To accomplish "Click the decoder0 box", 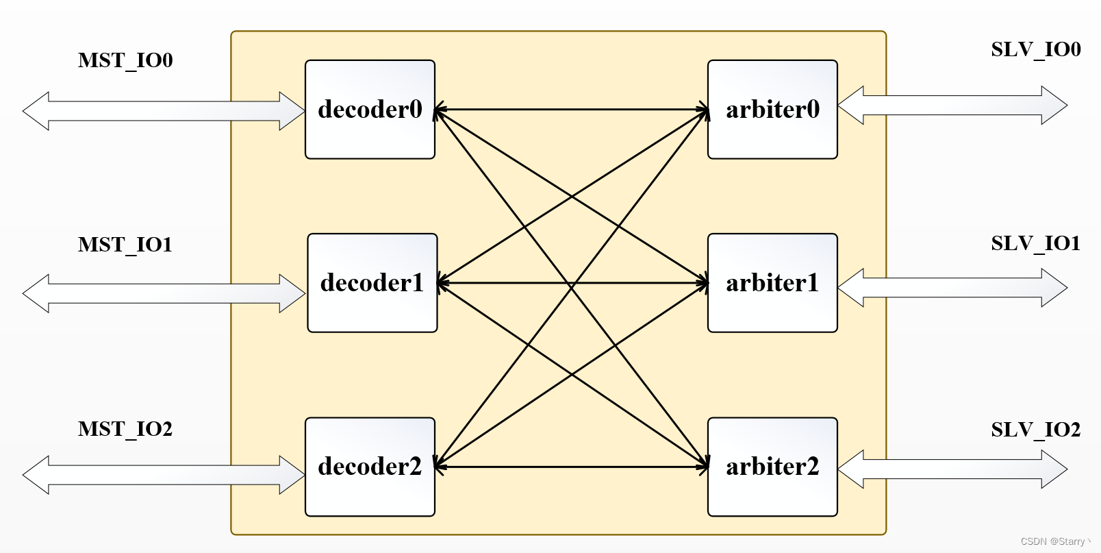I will click(x=370, y=110).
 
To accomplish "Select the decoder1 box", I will click(x=372, y=283).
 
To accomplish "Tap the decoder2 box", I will click(x=370, y=467).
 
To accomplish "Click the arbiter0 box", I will click(x=772, y=110).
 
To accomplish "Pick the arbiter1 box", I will click(x=772, y=283).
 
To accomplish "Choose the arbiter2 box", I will click(x=772, y=467).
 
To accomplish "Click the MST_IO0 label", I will click(x=125, y=60).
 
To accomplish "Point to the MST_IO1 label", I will click(x=125, y=245).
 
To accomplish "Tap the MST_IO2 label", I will click(x=125, y=429).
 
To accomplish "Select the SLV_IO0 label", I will click(x=1036, y=49).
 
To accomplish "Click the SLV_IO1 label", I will click(x=1036, y=243).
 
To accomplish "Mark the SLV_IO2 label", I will click(x=1036, y=430).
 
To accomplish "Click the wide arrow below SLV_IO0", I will click(x=952, y=106).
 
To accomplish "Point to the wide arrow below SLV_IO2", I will click(x=952, y=469).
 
